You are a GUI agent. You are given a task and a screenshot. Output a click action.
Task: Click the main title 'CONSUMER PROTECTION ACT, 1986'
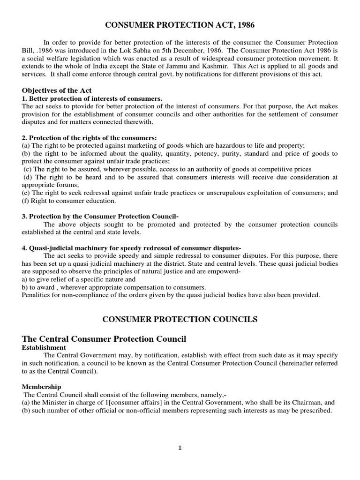click(x=180, y=24)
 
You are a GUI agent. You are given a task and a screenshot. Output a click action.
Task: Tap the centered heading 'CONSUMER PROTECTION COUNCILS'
click(x=180, y=319)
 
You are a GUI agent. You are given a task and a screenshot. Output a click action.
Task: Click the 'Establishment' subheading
click(x=44, y=347)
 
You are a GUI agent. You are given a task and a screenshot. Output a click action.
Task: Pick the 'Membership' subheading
click(x=41, y=387)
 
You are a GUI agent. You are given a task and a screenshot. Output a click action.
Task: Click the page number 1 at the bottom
click(x=180, y=448)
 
